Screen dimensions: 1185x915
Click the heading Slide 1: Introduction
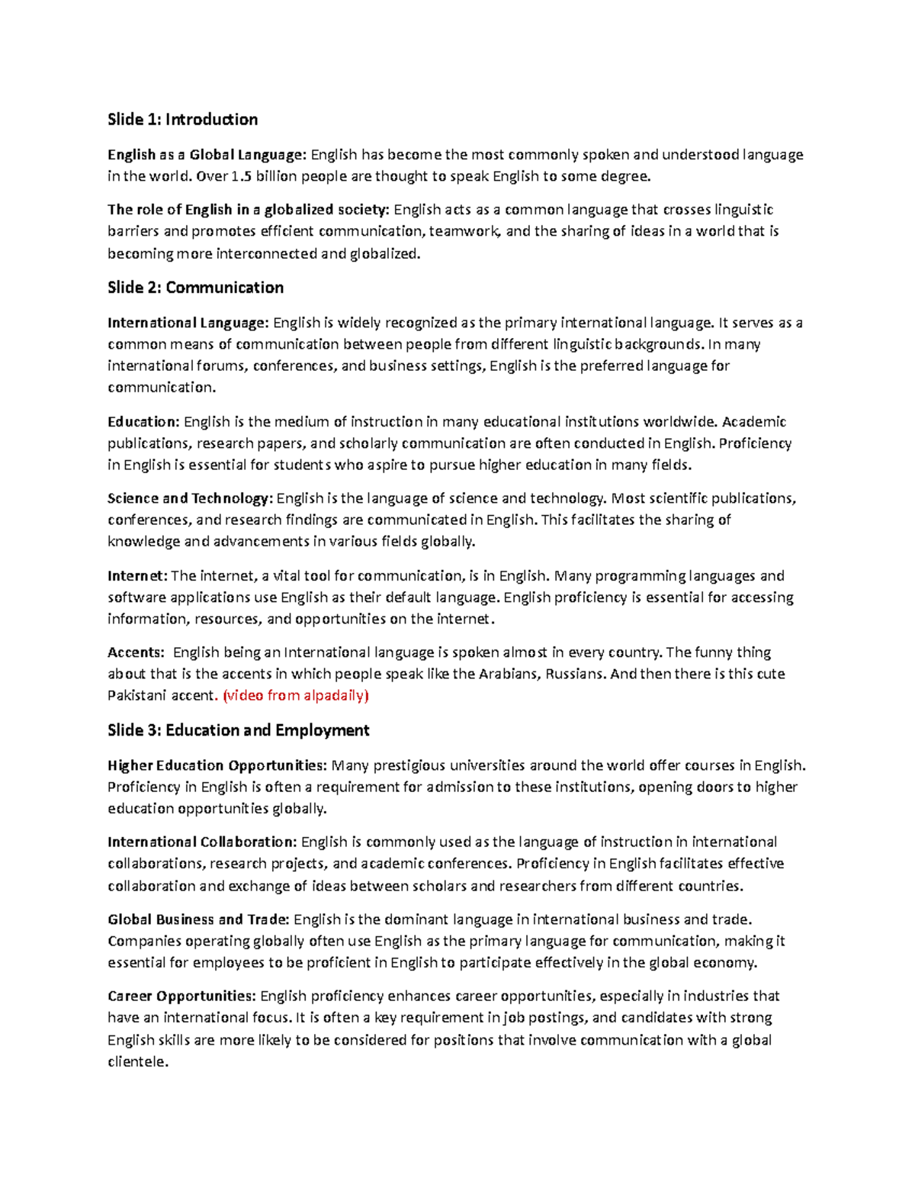pos(182,119)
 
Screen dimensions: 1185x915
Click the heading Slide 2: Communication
pos(195,288)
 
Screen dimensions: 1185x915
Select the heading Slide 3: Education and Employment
pos(238,730)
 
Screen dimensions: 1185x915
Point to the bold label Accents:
pos(136,652)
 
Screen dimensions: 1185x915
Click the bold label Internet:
pos(137,575)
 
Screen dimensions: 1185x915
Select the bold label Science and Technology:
pos(189,498)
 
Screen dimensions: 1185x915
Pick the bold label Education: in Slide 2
pos(143,421)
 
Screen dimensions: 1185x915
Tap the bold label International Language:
pos(188,322)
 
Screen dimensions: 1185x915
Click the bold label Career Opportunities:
pos(181,996)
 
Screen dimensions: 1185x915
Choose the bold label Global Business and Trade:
pos(198,919)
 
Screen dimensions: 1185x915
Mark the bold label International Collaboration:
pos(202,842)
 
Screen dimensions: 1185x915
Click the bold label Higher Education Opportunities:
pos(217,765)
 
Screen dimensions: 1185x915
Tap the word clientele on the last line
pos(136,1061)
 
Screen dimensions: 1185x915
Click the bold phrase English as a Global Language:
pos(207,155)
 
